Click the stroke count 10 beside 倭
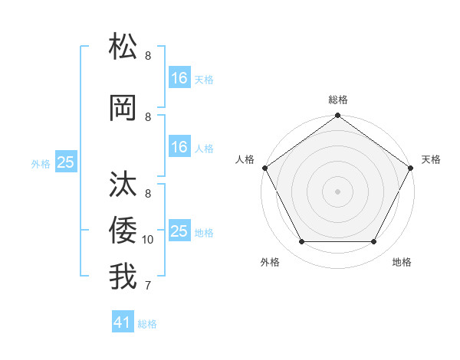pyautogui.click(x=148, y=240)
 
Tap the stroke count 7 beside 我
pyautogui.click(x=148, y=286)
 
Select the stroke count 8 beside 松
pyautogui.click(x=148, y=56)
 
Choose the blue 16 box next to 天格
pyautogui.click(x=179, y=77)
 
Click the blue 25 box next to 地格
pyautogui.click(x=179, y=231)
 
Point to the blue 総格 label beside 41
pyautogui.click(x=147, y=324)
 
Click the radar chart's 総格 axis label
pyautogui.click(x=337, y=100)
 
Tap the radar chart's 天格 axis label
pyautogui.click(x=431, y=159)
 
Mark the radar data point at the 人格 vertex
pyautogui.click(x=264, y=168)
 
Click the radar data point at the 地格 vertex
pyautogui.click(x=374, y=242)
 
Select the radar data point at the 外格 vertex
pyautogui.click(x=301, y=242)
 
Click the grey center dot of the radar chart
pyautogui.click(x=337, y=191)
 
